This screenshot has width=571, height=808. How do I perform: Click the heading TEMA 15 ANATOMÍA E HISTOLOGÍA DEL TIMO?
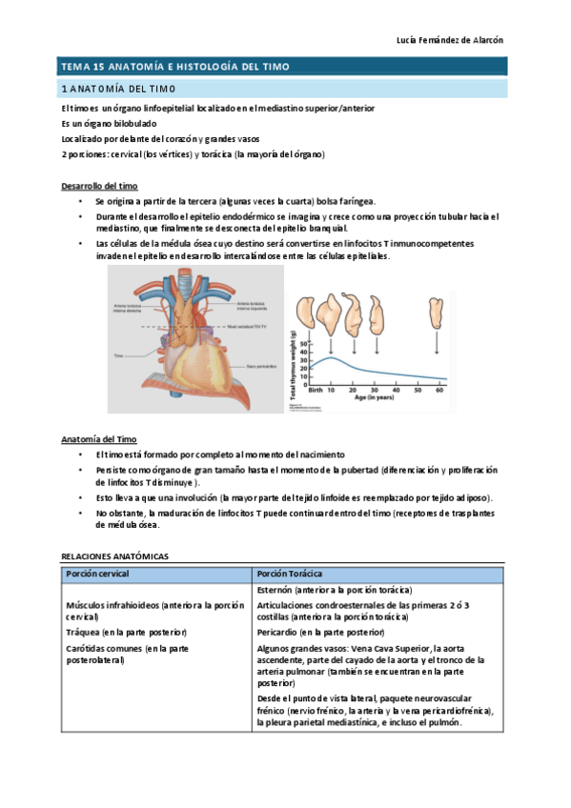coord(174,67)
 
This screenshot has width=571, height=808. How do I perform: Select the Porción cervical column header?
coord(97,574)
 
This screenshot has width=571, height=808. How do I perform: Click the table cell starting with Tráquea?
coord(126,632)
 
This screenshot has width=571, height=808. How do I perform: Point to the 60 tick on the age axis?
coord(439,391)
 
